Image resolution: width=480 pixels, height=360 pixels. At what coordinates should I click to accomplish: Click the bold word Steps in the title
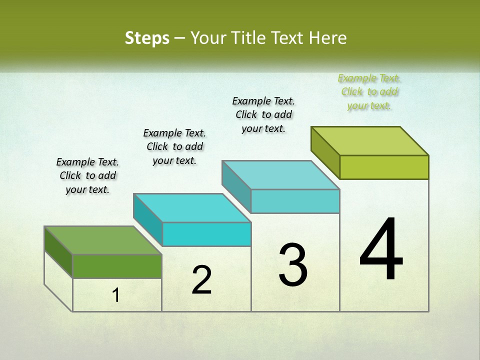147,38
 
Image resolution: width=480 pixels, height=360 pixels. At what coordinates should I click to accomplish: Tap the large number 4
381,250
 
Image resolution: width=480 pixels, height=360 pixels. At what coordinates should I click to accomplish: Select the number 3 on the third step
293,265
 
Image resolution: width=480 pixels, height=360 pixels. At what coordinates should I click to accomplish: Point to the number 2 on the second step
201,280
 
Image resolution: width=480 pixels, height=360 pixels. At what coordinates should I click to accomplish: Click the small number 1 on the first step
116,295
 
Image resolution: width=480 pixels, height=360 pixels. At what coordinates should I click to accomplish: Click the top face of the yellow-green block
370,140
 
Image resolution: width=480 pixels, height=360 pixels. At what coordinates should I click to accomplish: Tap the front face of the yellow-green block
384,167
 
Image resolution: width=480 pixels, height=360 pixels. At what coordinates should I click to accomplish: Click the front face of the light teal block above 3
295,201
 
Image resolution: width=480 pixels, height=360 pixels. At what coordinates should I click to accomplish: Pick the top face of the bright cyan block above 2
192,207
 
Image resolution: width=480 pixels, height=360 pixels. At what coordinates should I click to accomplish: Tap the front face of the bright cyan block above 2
206,234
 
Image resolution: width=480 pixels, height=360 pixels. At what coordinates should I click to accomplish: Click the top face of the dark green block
103,240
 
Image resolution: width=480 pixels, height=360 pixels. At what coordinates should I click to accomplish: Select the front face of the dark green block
117,266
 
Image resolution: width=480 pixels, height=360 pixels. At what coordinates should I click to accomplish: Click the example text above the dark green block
87,175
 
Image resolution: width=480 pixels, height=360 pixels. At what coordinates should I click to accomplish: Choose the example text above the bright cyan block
174,146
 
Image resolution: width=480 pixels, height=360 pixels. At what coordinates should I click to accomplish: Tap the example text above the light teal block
263,114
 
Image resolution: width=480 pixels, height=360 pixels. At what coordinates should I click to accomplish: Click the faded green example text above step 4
369,91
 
